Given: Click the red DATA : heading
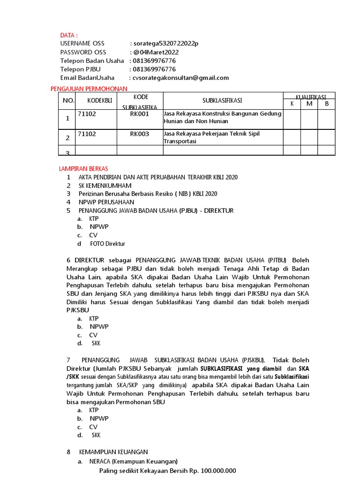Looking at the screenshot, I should pyautogui.click(x=68, y=35).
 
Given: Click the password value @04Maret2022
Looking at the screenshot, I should pyautogui.click(x=157, y=52).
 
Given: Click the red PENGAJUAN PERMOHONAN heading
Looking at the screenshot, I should pyautogui.click(x=89, y=89).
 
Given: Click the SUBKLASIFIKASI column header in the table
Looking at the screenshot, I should pyautogui.click(x=223, y=101).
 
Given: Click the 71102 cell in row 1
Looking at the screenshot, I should pyautogui.click(x=87, y=113).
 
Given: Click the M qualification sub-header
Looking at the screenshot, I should pyautogui.click(x=309, y=104).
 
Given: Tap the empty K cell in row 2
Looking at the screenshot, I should pyautogui.click(x=292, y=137).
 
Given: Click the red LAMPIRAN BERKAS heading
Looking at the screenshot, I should pyautogui.click(x=83, y=168).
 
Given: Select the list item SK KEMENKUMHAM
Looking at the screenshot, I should pyautogui.click(x=105, y=186).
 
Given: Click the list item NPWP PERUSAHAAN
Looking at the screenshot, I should pyautogui.click(x=106, y=202).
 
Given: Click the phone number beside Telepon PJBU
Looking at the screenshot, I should pyautogui.click(x=154, y=69).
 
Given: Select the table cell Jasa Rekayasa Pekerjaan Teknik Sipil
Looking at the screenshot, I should pyautogui.click(x=211, y=134).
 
